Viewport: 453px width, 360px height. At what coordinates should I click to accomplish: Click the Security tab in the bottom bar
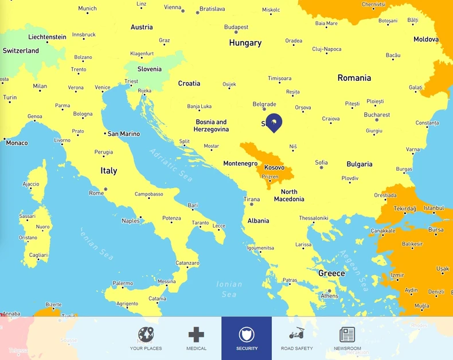click(x=247, y=338)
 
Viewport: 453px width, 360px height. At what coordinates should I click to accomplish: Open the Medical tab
click(x=196, y=338)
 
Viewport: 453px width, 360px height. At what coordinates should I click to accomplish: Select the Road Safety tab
click(x=296, y=338)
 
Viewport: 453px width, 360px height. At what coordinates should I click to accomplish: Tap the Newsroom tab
click(x=347, y=338)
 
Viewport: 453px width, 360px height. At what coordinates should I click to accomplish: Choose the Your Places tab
click(x=146, y=338)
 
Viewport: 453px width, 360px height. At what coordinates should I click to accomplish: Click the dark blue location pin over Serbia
click(x=274, y=122)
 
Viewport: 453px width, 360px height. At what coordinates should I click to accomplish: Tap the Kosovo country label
click(x=274, y=167)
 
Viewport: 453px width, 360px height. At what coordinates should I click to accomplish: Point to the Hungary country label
click(x=245, y=43)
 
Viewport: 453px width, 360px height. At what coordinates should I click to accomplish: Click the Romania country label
click(x=354, y=78)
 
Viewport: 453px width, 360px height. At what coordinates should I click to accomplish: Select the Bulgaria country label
click(x=359, y=165)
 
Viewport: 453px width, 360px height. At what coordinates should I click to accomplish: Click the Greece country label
click(x=331, y=273)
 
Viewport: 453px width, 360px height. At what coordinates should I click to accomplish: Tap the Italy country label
click(x=108, y=171)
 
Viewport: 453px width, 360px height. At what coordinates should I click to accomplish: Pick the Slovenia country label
click(x=150, y=69)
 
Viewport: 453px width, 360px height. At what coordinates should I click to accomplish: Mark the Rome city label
click(x=96, y=193)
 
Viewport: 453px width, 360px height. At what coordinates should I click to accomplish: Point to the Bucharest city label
click(x=377, y=115)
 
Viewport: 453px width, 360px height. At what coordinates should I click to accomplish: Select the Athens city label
click(x=329, y=296)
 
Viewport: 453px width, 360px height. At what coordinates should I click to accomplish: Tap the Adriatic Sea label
click(x=171, y=165)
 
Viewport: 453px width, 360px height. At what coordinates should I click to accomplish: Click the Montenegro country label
click(x=240, y=163)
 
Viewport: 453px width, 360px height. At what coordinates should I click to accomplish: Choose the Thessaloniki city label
click(x=313, y=218)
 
